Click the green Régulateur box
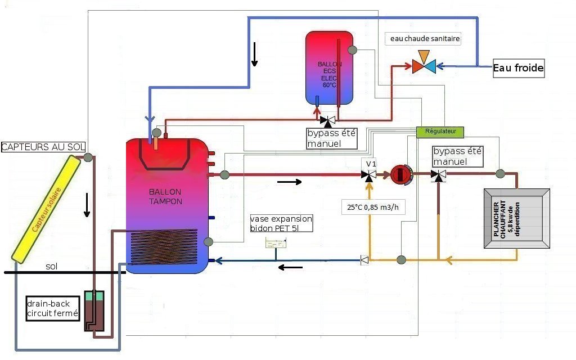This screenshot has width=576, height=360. (x=440, y=132)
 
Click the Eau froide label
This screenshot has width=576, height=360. (x=518, y=68)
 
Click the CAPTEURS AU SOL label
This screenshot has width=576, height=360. (x=43, y=147)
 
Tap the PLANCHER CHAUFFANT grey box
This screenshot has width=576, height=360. (x=516, y=218)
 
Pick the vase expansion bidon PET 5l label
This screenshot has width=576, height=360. (x=281, y=223)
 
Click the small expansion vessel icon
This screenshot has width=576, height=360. (x=276, y=242)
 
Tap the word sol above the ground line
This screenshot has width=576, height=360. (x=52, y=265)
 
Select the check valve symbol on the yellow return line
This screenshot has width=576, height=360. (x=364, y=260)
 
